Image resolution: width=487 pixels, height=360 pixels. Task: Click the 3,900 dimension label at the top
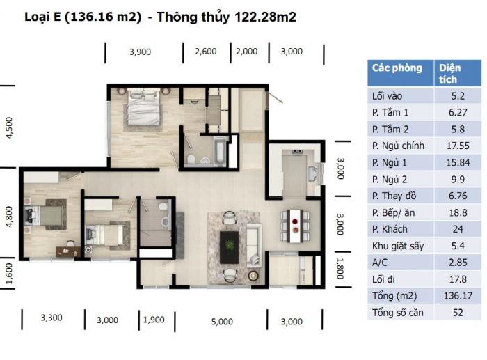[140, 52]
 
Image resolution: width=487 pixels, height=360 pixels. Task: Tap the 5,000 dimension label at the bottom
[222, 322]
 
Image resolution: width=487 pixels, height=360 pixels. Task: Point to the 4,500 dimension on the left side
[9, 127]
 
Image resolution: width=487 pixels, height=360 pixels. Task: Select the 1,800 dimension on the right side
[340, 269]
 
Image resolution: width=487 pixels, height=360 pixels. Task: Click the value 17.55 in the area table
[458, 146]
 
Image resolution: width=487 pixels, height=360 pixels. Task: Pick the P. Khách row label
[390, 229]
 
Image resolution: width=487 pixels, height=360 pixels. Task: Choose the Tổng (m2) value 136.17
[458, 295]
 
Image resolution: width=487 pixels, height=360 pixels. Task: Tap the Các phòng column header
[397, 68]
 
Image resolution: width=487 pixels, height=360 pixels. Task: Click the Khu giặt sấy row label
[398, 246]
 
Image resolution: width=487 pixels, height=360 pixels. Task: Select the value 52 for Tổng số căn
[458, 312]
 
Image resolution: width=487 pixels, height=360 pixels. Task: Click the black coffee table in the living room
[229, 247]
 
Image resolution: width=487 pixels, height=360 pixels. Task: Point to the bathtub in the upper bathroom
[220, 151]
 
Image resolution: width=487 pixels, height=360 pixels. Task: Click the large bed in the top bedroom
[144, 107]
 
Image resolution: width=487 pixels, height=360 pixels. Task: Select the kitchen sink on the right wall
[313, 174]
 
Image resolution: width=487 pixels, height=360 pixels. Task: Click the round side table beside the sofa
[253, 276]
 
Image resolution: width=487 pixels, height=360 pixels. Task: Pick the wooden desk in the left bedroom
[68, 251]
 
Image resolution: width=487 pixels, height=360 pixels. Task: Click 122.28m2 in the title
[265, 17]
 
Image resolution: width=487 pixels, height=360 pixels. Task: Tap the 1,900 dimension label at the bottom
[154, 320]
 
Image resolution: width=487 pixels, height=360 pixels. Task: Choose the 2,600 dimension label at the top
[206, 52]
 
